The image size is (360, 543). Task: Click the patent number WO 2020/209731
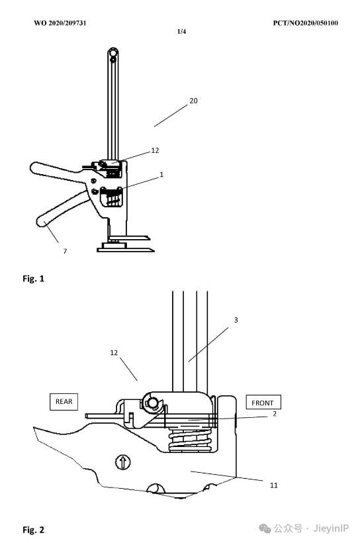pos(60,23)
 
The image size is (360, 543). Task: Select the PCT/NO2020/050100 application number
pos(305,23)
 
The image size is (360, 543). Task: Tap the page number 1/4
pos(181,32)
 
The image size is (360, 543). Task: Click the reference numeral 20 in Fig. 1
pos(193,101)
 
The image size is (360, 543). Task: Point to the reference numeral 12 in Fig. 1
pos(155,150)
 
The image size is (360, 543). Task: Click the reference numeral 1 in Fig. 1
pos(161,175)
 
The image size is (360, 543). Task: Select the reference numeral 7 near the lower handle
pos(65,251)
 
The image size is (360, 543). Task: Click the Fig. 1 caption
pos(34,278)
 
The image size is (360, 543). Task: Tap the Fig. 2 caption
pos(34,530)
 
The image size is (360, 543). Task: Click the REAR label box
pos(64,402)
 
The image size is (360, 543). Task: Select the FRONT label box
pos(263,403)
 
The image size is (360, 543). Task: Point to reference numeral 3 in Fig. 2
pos(236,320)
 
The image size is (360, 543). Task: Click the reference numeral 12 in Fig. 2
pos(114,352)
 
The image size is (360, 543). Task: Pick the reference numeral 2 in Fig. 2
pos(275,414)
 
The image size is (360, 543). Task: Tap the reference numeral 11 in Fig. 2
pos(274,485)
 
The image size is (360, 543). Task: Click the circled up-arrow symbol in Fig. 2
pos(122,462)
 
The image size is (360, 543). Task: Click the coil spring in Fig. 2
pos(190,439)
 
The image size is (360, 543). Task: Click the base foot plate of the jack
pos(125,248)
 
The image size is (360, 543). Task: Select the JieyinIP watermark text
pos(331,528)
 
